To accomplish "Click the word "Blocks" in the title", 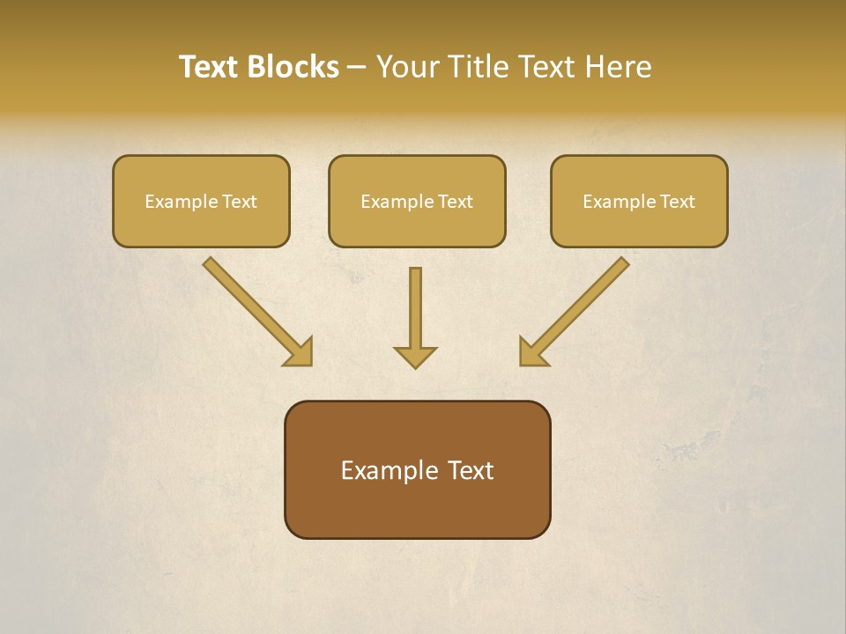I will tap(294, 67).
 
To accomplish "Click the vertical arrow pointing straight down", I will tap(415, 308).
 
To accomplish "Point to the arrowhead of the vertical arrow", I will tap(415, 357).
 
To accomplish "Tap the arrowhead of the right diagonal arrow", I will tap(531, 353).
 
